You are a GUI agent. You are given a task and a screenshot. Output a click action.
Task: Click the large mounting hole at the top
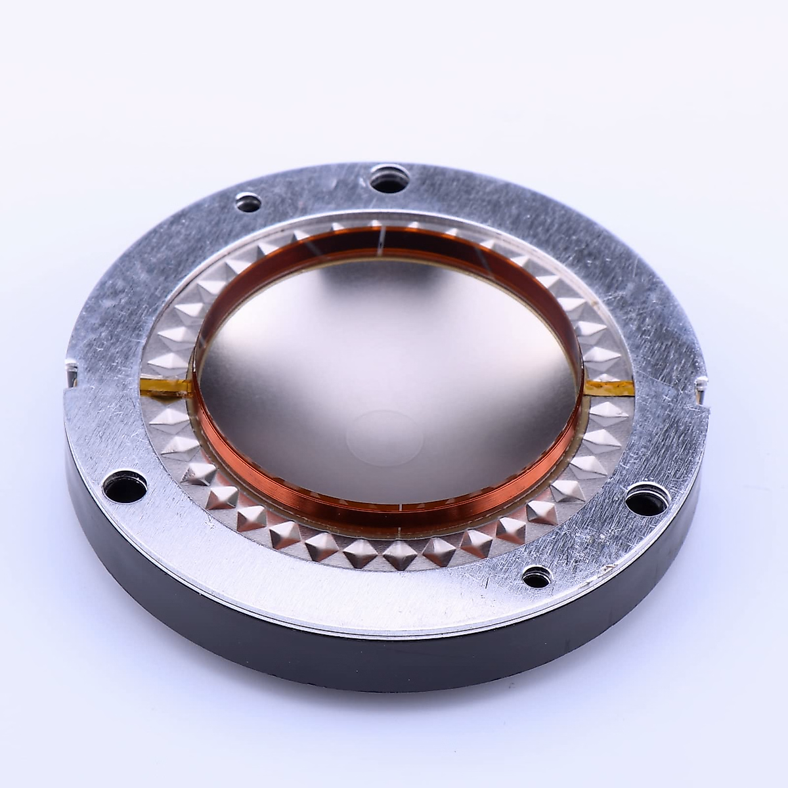389,179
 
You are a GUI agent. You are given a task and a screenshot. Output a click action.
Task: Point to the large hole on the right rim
646,497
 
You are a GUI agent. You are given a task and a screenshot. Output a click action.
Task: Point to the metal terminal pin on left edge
70,368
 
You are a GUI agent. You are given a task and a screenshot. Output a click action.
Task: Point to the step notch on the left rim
69,392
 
